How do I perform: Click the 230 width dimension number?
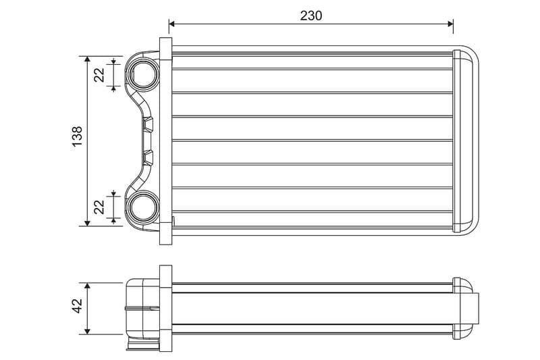(x=311, y=15)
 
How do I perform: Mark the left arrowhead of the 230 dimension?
(x=172, y=24)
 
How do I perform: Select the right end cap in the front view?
(x=466, y=140)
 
